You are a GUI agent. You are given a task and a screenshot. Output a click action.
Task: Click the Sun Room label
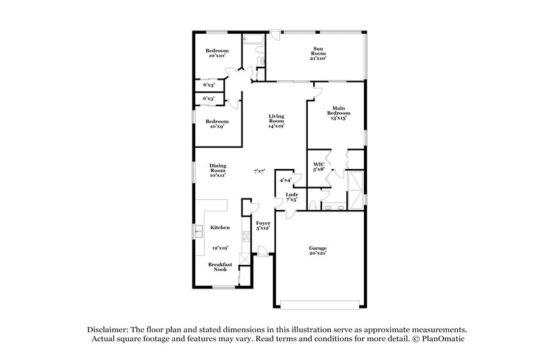pyautogui.click(x=319, y=53)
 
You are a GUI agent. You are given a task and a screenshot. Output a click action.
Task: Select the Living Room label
pyautogui.click(x=275, y=121)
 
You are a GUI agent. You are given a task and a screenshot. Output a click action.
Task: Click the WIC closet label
pyautogui.click(x=320, y=167)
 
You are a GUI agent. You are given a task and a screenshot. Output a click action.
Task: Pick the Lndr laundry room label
pyautogui.click(x=292, y=197)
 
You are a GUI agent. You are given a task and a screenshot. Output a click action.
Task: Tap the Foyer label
pyautogui.click(x=263, y=225)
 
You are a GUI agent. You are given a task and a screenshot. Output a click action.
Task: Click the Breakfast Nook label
pyautogui.click(x=219, y=267)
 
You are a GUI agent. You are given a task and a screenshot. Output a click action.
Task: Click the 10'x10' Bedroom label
pyautogui.click(x=217, y=54)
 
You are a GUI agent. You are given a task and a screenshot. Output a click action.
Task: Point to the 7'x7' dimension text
pyautogui.click(x=259, y=171)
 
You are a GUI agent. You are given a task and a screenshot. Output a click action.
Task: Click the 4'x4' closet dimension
pyautogui.click(x=285, y=180)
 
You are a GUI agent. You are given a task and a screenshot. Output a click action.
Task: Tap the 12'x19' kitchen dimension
pyautogui.click(x=220, y=248)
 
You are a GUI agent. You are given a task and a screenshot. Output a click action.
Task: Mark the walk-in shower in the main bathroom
pyautogui.click(x=354, y=184)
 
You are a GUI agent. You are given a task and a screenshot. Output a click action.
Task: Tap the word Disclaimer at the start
pyautogui.click(x=109, y=328)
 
